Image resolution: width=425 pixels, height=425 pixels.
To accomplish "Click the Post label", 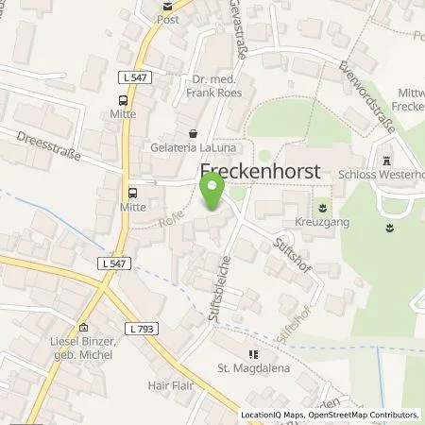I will tap(168, 19).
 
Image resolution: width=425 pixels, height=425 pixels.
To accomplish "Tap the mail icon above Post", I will tap(168, 5).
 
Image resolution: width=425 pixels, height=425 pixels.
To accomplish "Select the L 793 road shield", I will tap(140, 329).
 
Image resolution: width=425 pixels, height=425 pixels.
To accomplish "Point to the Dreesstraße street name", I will tap(48, 144).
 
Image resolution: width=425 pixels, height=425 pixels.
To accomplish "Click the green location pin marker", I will tap(212, 194).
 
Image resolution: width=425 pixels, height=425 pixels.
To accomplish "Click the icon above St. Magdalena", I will tap(251, 353).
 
